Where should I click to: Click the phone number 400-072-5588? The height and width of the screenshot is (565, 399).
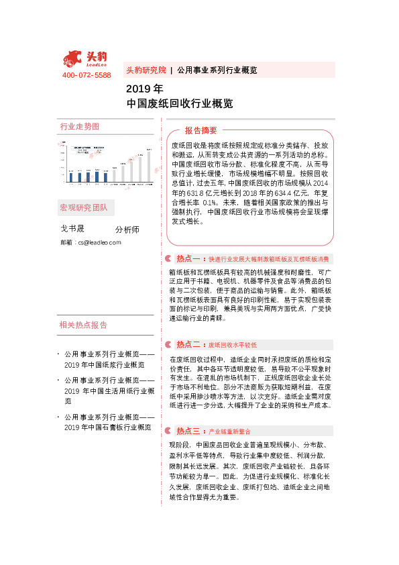(87, 75)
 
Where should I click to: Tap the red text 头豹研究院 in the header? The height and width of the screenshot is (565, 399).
(146, 70)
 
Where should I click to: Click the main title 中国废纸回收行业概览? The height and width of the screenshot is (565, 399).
(179, 104)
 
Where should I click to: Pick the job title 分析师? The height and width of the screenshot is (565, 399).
(127, 229)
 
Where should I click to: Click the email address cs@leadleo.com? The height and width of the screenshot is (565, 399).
(99, 242)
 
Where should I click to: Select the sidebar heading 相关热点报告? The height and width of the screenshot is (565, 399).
(84, 306)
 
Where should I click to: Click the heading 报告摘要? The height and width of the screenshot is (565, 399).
(201, 130)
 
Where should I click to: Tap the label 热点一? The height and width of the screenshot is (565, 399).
(189, 258)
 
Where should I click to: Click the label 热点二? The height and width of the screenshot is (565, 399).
(189, 344)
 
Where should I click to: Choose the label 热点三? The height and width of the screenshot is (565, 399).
(189, 430)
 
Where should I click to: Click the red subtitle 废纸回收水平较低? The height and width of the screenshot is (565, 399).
(233, 345)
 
